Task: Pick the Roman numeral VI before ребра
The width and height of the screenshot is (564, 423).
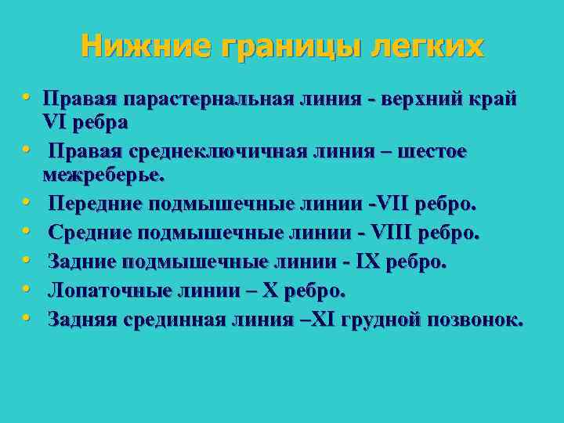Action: [x=56, y=123]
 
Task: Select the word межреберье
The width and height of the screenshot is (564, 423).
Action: [x=104, y=174]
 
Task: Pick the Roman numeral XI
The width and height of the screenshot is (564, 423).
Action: [x=324, y=319]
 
